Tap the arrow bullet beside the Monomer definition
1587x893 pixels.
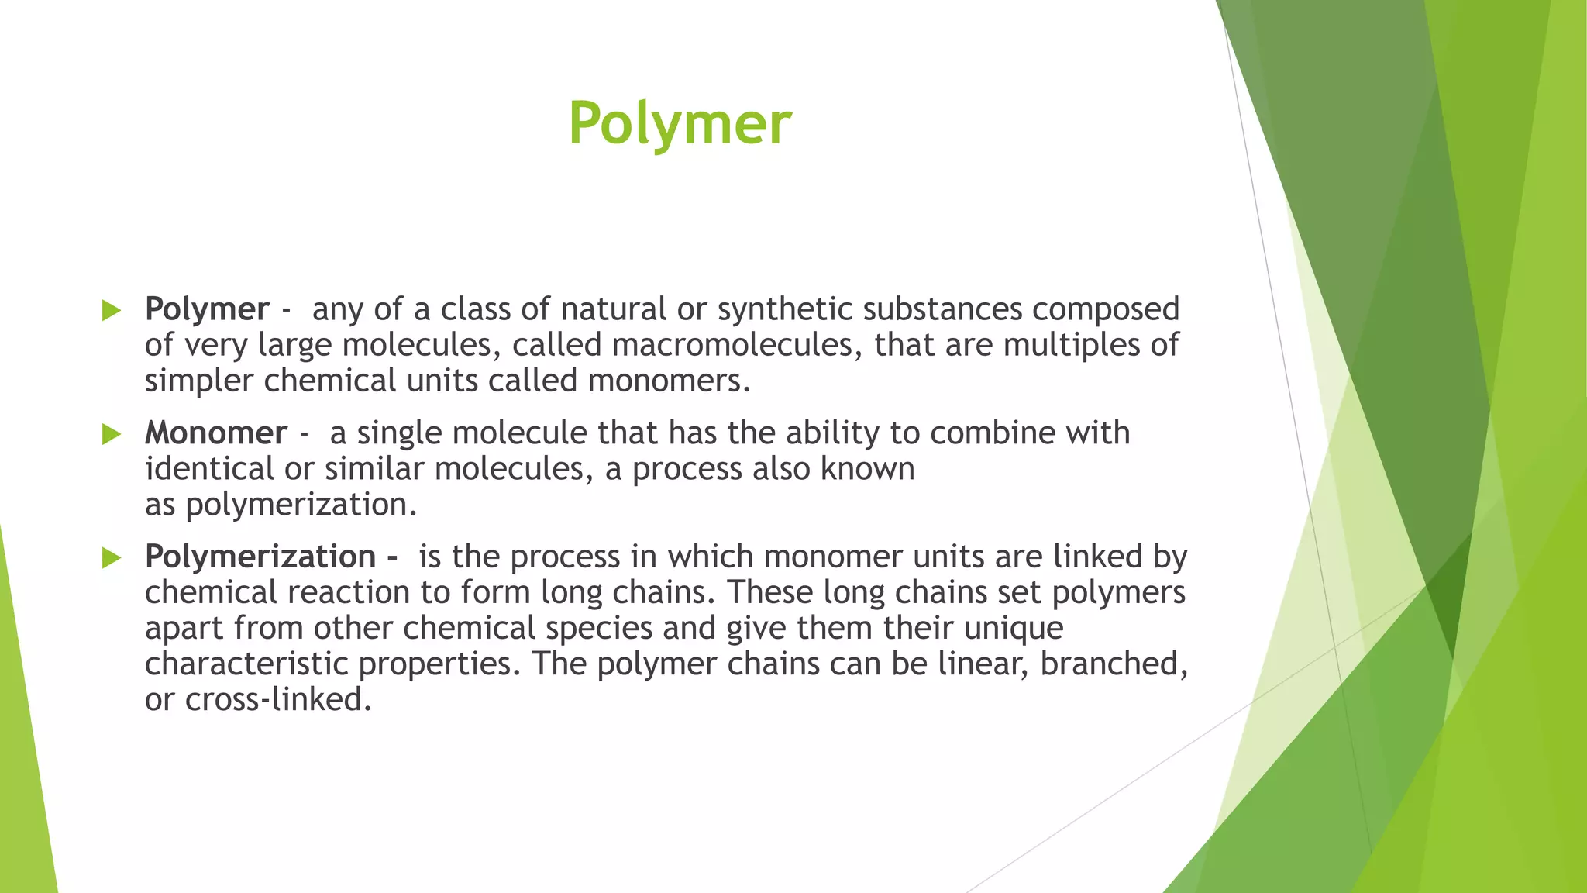112,434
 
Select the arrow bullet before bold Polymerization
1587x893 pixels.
112,557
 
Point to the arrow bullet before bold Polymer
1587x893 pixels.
112,311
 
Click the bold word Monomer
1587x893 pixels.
215,433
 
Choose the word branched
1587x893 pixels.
1110,664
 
